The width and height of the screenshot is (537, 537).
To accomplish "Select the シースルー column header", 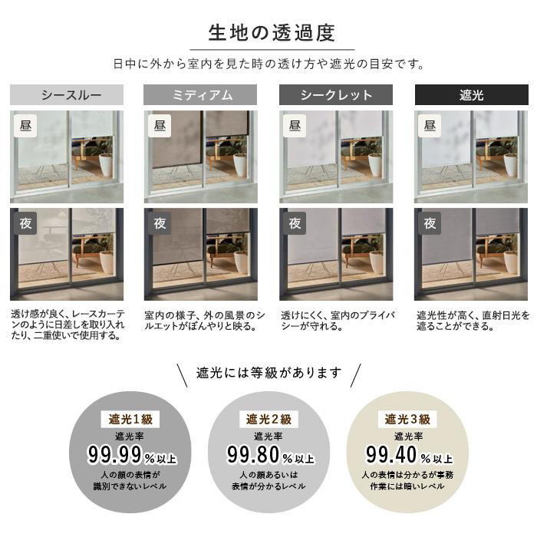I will click(67, 95).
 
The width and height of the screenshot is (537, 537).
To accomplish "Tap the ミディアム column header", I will click(201, 95).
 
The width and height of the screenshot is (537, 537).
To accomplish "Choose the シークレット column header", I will click(336, 95).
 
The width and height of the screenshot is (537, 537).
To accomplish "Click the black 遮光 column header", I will click(471, 95).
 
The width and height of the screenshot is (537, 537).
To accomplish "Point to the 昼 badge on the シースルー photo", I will click(25, 125).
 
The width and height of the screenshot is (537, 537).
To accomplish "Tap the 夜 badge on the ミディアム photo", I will click(160, 223).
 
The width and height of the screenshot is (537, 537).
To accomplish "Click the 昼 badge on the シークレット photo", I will click(295, 125).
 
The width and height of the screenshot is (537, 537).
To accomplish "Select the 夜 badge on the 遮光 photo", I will click(430, 223).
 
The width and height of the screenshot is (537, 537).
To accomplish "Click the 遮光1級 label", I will click(130, 419).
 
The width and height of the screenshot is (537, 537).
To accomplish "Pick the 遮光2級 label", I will click(268, 419).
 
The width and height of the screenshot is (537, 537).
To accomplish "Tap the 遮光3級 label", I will click(407, 419).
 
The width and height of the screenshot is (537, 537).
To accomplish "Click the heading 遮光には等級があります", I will click(268, 374).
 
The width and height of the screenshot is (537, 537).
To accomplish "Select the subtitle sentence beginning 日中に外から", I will click(268, 64).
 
